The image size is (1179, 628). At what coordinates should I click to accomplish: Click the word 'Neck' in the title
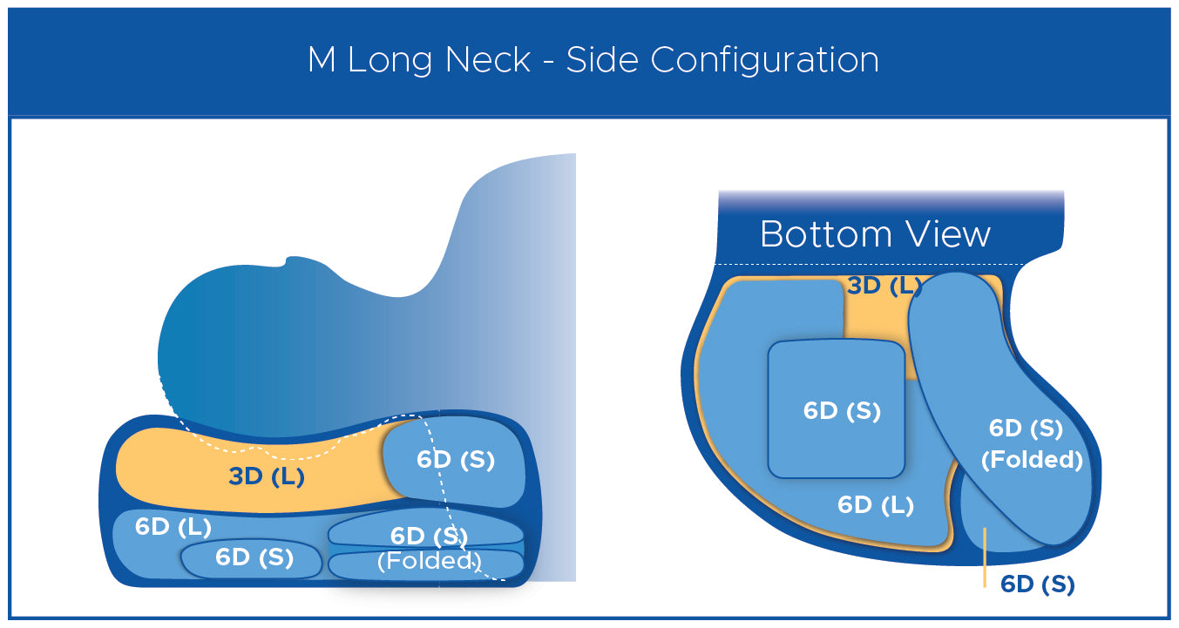pos(487,59)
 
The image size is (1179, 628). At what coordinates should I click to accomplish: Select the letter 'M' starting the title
pos(322,60)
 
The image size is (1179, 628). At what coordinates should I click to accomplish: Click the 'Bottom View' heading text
pos(875,234)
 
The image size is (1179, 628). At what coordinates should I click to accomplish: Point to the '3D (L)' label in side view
pos(267,476)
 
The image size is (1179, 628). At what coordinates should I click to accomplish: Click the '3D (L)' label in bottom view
pos(884,286)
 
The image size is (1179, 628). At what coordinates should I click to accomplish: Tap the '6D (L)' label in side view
pos(173,527)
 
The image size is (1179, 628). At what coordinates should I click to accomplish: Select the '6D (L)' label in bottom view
pos(875,505)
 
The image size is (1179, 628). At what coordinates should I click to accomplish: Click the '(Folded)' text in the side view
pos(430,561)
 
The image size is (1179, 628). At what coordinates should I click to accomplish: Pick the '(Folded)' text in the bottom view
pos(1032,460)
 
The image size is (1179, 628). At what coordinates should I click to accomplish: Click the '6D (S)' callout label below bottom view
pos(1038,584)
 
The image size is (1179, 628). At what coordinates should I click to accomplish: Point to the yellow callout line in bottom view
pos(985,557)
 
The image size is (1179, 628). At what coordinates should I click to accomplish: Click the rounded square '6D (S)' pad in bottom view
pos(837,409)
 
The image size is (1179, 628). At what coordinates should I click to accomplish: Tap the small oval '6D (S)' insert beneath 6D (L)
pos(252,558)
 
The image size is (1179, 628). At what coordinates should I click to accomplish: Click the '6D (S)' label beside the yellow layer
pos(455,460)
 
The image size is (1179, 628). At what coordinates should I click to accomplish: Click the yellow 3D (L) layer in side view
pos(253,473)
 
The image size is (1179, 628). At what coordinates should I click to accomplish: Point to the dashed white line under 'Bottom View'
pos(870,264)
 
